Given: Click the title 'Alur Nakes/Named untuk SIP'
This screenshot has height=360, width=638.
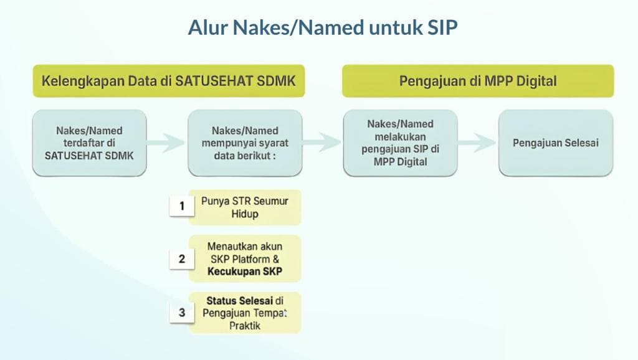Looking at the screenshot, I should (323, 27).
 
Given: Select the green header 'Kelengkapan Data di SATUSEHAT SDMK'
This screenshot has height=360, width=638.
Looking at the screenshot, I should (169, 81).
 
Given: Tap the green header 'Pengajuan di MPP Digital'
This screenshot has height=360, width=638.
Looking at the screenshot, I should (477, 81).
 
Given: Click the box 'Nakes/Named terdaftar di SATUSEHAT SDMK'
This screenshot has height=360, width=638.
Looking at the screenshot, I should (89, 143).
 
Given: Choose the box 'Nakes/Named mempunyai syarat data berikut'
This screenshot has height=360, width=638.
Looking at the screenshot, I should (245, 143).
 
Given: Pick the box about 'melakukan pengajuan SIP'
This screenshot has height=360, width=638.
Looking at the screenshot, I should (400, 143).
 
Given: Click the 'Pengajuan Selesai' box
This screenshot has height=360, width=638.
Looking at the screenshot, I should (555, 143).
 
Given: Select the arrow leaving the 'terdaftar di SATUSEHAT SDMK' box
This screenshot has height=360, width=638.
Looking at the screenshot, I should (166, 143).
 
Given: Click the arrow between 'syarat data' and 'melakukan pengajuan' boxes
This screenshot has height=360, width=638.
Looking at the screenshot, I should (322, 143).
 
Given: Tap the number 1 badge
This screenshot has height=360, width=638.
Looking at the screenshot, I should (182, 206).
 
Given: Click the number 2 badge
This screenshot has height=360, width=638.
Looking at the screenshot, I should (182, 258).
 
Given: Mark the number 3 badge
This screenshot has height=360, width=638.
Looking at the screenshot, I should (182, 313).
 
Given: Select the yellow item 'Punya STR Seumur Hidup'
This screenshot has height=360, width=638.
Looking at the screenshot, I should (244, 207).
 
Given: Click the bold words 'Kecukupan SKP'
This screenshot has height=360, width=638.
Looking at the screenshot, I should (245, 271).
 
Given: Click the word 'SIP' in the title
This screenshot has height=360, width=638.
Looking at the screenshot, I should (442, 27).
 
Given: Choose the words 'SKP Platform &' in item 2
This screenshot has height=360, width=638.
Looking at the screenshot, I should (244, 258).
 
